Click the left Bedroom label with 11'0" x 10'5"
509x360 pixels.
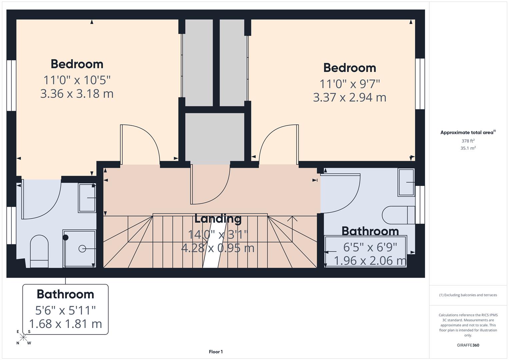coord(77,64)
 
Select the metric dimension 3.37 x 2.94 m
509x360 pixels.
coord(350,97)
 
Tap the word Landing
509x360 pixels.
coord(218,219)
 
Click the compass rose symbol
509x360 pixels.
coord(23,337)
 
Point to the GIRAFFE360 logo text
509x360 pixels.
coord(468,345)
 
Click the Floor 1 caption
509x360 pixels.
coord(216,352)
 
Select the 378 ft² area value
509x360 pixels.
coord(468,141)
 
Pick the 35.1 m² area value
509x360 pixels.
coord(468,148)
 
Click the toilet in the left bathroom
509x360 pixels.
coord(39,251)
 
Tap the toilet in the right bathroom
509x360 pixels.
coord(398,215)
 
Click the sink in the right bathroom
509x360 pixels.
coord(406,182)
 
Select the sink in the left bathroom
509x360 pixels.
coord(87,198)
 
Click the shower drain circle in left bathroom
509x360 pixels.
coord(82,249)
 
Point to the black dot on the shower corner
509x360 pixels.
coord(66,237)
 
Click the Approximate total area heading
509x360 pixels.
coord(468,132)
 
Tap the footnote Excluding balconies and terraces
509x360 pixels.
coord(468,295)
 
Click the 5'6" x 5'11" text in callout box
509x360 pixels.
coord(65,310)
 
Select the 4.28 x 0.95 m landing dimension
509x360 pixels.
coord(218,248)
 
